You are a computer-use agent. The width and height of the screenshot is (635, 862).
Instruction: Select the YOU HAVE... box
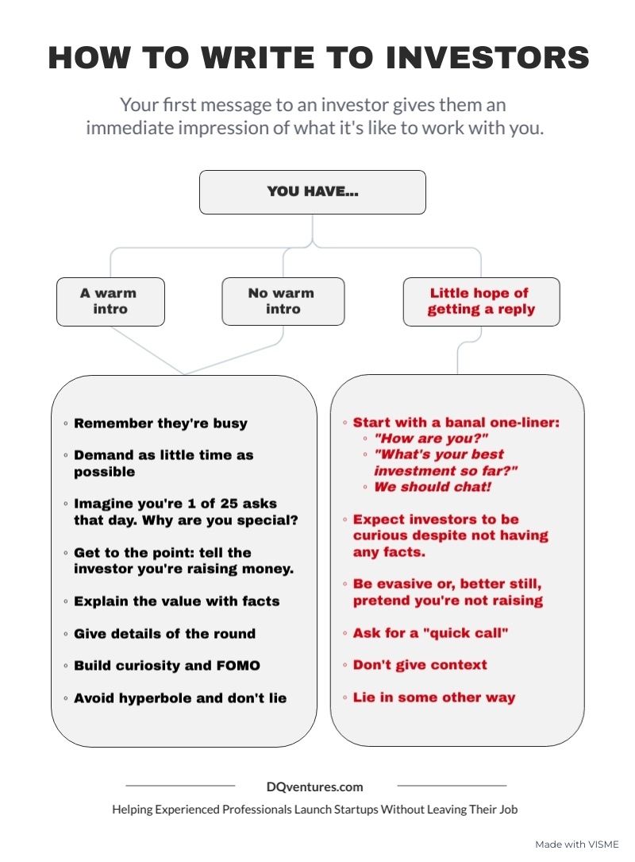(313, 191)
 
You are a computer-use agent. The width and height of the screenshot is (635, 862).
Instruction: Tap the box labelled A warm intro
(110, 302)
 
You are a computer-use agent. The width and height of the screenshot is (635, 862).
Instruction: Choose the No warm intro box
(283, 301)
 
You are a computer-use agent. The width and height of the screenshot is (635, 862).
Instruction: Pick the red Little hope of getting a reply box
(481, 302)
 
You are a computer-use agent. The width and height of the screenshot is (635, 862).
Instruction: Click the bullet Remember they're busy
(160, 423)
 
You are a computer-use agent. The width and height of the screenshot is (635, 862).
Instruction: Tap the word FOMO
(238, 666)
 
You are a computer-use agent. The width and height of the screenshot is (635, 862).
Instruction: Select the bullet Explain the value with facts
(177, 601)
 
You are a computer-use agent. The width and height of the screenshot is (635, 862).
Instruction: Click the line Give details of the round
(165, 634)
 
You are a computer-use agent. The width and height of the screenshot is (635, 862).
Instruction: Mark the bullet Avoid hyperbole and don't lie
(180, 698)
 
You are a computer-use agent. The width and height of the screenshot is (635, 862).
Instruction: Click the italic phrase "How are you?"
(431, 439)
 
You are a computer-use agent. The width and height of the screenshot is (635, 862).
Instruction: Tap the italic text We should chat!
(433, 487)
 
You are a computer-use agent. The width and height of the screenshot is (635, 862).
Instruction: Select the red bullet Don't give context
(420, 665)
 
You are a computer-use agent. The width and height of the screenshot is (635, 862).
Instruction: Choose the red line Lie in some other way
(434, 698)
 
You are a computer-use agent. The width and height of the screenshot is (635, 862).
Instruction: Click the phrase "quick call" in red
(466, 633)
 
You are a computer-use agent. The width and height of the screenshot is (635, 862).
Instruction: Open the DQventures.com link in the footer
(315, 787)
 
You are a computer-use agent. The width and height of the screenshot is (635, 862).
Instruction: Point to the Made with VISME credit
(577, 845)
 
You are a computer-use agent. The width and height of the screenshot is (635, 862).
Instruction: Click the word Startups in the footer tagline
(356, 810)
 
